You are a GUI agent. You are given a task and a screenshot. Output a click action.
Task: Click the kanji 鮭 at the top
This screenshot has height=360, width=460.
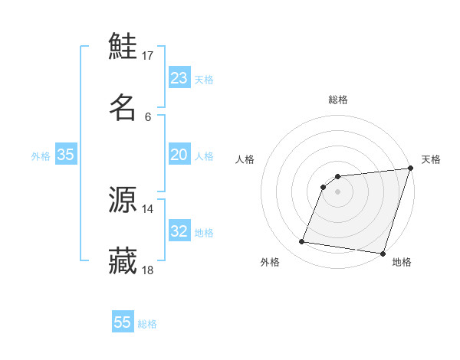[123, 47]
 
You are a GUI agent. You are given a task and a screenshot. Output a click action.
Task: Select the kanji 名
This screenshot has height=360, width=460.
[123, 106]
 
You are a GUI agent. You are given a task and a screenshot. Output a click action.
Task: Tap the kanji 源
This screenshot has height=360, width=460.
[123, 200]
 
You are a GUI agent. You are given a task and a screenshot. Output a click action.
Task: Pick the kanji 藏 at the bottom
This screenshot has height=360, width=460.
[123, 260]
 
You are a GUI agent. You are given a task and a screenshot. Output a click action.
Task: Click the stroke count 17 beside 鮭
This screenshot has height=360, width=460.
[148, 56]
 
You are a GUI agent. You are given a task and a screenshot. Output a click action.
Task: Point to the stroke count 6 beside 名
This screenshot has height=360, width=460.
[148, 116]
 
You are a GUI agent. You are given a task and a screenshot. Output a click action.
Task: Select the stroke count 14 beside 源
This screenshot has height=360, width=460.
[148, 209]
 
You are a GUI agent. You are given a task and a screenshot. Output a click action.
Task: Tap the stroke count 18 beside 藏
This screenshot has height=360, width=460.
[148, 270]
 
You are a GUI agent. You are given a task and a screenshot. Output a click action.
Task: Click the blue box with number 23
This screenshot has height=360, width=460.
[179, 78]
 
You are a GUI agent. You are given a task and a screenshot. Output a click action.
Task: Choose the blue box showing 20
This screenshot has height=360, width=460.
[179, 155]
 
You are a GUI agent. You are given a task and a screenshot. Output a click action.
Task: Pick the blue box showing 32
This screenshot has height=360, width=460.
[179, 231]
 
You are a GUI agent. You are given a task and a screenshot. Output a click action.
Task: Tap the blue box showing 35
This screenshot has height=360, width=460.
[66, 155]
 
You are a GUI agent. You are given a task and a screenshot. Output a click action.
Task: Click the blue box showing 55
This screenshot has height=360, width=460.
[123, 322]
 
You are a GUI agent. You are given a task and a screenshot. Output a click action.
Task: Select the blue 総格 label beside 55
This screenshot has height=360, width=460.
[148, 324]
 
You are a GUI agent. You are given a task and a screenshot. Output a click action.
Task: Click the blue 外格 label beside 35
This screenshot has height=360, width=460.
[41, 156]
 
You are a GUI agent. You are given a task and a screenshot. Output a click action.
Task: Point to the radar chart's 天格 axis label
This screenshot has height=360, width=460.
[432, 159]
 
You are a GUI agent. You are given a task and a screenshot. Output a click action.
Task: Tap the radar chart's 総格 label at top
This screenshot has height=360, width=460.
[338, 100]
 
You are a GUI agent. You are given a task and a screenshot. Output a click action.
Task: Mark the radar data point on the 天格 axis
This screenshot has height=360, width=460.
[410, 169]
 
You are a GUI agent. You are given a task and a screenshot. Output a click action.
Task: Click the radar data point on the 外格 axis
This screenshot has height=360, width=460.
[302, 242]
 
